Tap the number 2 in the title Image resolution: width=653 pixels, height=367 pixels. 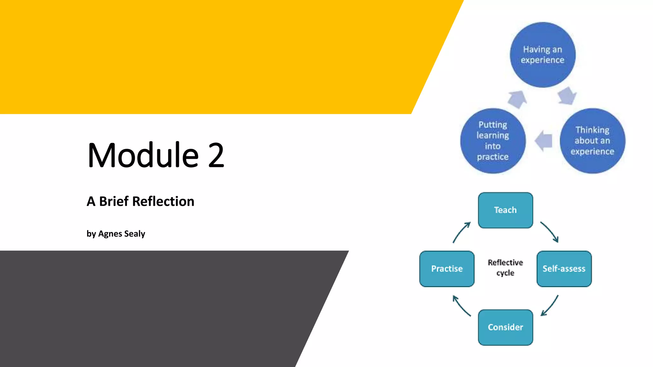(216, 155)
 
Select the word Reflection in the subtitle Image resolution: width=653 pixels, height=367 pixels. (163, 201)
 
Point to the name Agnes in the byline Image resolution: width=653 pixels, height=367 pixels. (110, 234)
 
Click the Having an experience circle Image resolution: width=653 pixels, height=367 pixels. (543, 55)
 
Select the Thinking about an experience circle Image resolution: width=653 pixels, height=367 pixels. (592, 141)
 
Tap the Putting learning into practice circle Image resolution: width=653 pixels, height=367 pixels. (493, 141)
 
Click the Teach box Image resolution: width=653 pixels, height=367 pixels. (505, 210)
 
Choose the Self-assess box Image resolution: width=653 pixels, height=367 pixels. (564, 269)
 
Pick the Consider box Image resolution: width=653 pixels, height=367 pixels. (505, 327)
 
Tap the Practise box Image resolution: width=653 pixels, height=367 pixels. (447, 269)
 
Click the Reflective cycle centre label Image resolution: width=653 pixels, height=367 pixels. (505, 268)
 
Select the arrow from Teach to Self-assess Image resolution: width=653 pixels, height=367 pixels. (550, 232)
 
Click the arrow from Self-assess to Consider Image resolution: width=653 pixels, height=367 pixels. (550, 306)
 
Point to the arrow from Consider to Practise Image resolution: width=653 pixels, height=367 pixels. (461, 306)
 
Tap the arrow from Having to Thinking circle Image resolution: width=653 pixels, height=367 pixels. (567, 96)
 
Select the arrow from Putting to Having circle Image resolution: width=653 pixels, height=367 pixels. (517, 99)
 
